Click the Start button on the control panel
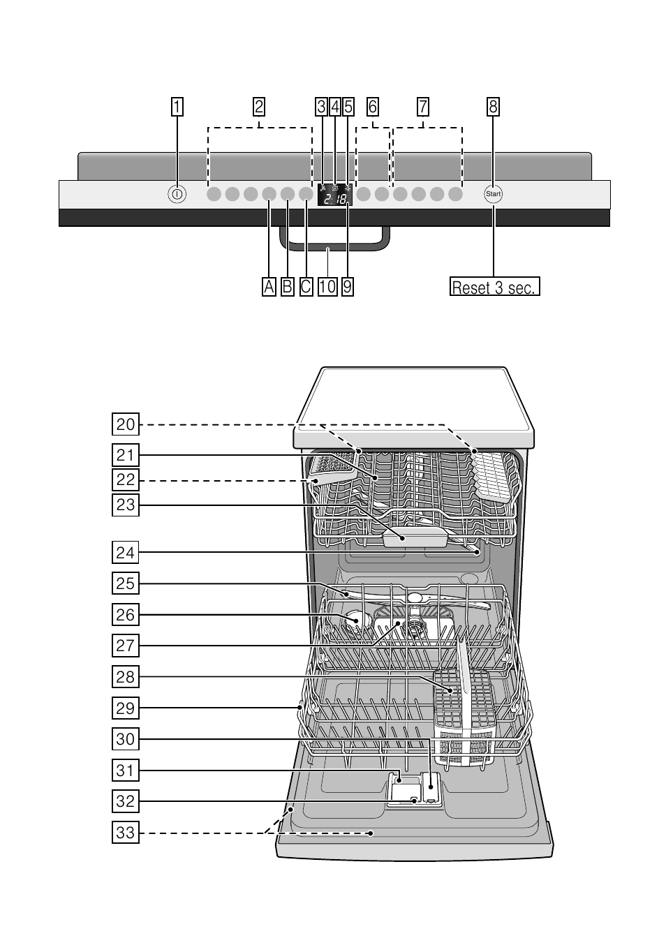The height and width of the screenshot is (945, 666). tap(494, 194)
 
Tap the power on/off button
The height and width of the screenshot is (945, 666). tap(177, 195)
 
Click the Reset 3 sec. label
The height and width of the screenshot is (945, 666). tap(495, 287)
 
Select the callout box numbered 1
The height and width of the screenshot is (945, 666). tap(177, 107)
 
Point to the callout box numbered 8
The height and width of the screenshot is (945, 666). tap(494, 107)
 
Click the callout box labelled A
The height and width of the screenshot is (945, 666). tap(269, 286)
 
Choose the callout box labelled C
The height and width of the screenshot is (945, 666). tap(306, 286)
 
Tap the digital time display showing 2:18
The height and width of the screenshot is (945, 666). tap(335, 200)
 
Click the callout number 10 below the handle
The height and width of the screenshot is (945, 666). tap(327, 286)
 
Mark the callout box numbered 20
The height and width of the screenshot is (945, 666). tap(126, 424)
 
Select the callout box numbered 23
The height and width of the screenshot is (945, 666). tap(126, 504)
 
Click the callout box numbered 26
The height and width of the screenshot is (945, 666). tap(126, 615)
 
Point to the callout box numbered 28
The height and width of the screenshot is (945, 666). tap(126, 676)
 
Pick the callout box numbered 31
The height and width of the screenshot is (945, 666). tap(126, 771)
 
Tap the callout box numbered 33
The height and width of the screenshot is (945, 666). tap(126, 832)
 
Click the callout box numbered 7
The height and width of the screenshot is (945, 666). tap(423, 107)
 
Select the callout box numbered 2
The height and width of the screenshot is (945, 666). tap(259, 107)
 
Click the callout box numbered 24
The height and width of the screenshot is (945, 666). tap(126, 553)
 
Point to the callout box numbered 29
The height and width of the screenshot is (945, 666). tap(126, 708)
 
